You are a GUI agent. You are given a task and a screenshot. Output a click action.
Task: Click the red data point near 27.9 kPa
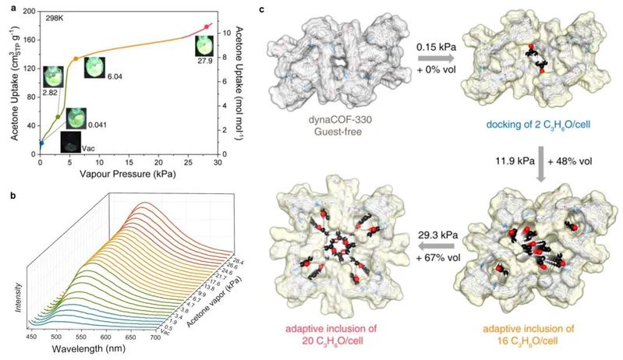(207, 27)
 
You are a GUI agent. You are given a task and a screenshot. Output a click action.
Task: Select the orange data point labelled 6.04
(76, 58)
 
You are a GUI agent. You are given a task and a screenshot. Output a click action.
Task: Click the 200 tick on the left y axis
(30, 10)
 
